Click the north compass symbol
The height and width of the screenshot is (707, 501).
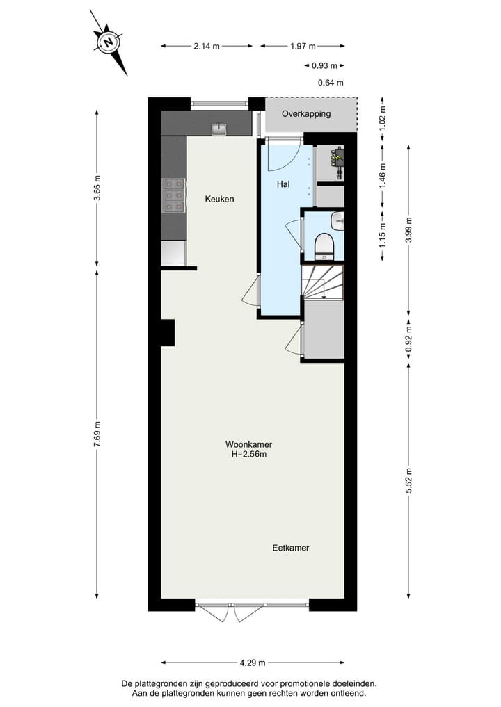point(109,42)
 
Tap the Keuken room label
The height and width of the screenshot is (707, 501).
point(219,199)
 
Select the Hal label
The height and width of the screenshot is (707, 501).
point(283,184)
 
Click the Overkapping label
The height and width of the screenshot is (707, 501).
point(306,113)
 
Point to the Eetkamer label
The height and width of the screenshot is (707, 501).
point(290,548)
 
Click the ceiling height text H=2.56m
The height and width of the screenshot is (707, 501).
point(249,454)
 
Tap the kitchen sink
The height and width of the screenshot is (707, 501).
point(219,128)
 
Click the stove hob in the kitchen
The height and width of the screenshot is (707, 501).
point(173,195)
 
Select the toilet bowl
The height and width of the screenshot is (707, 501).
point(324,245)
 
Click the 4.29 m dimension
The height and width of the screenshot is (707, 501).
point(252,663)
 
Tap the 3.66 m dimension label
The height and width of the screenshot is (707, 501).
point(97,188)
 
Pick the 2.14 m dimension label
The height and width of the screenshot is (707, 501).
point(207,47)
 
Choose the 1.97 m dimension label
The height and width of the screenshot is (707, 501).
point(303,47)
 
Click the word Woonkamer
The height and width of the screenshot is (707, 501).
point(248,444)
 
